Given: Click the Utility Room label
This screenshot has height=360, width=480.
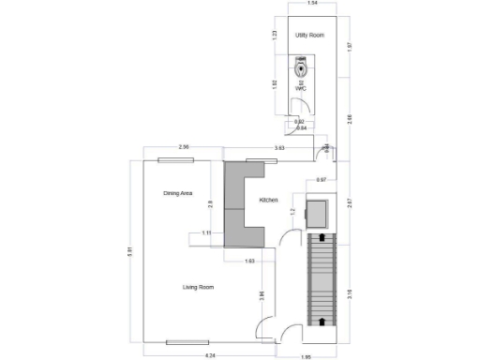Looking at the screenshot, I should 309,35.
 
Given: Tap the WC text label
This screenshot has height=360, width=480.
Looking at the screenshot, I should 301,89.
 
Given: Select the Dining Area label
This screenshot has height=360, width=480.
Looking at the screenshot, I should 177,193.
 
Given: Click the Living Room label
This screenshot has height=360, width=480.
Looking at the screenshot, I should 198,287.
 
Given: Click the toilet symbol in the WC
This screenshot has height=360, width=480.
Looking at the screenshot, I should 301,67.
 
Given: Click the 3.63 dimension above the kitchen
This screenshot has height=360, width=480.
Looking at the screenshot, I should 279,148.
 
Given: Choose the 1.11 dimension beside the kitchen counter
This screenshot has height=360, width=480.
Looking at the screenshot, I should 206,232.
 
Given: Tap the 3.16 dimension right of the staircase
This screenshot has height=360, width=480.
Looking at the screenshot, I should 349,293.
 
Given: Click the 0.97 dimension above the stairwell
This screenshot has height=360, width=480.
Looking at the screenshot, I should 321,179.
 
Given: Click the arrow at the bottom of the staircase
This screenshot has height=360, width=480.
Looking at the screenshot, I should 321,322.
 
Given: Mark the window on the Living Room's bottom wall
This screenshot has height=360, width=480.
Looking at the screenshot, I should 187,342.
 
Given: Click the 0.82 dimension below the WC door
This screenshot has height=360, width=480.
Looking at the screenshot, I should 299,122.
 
